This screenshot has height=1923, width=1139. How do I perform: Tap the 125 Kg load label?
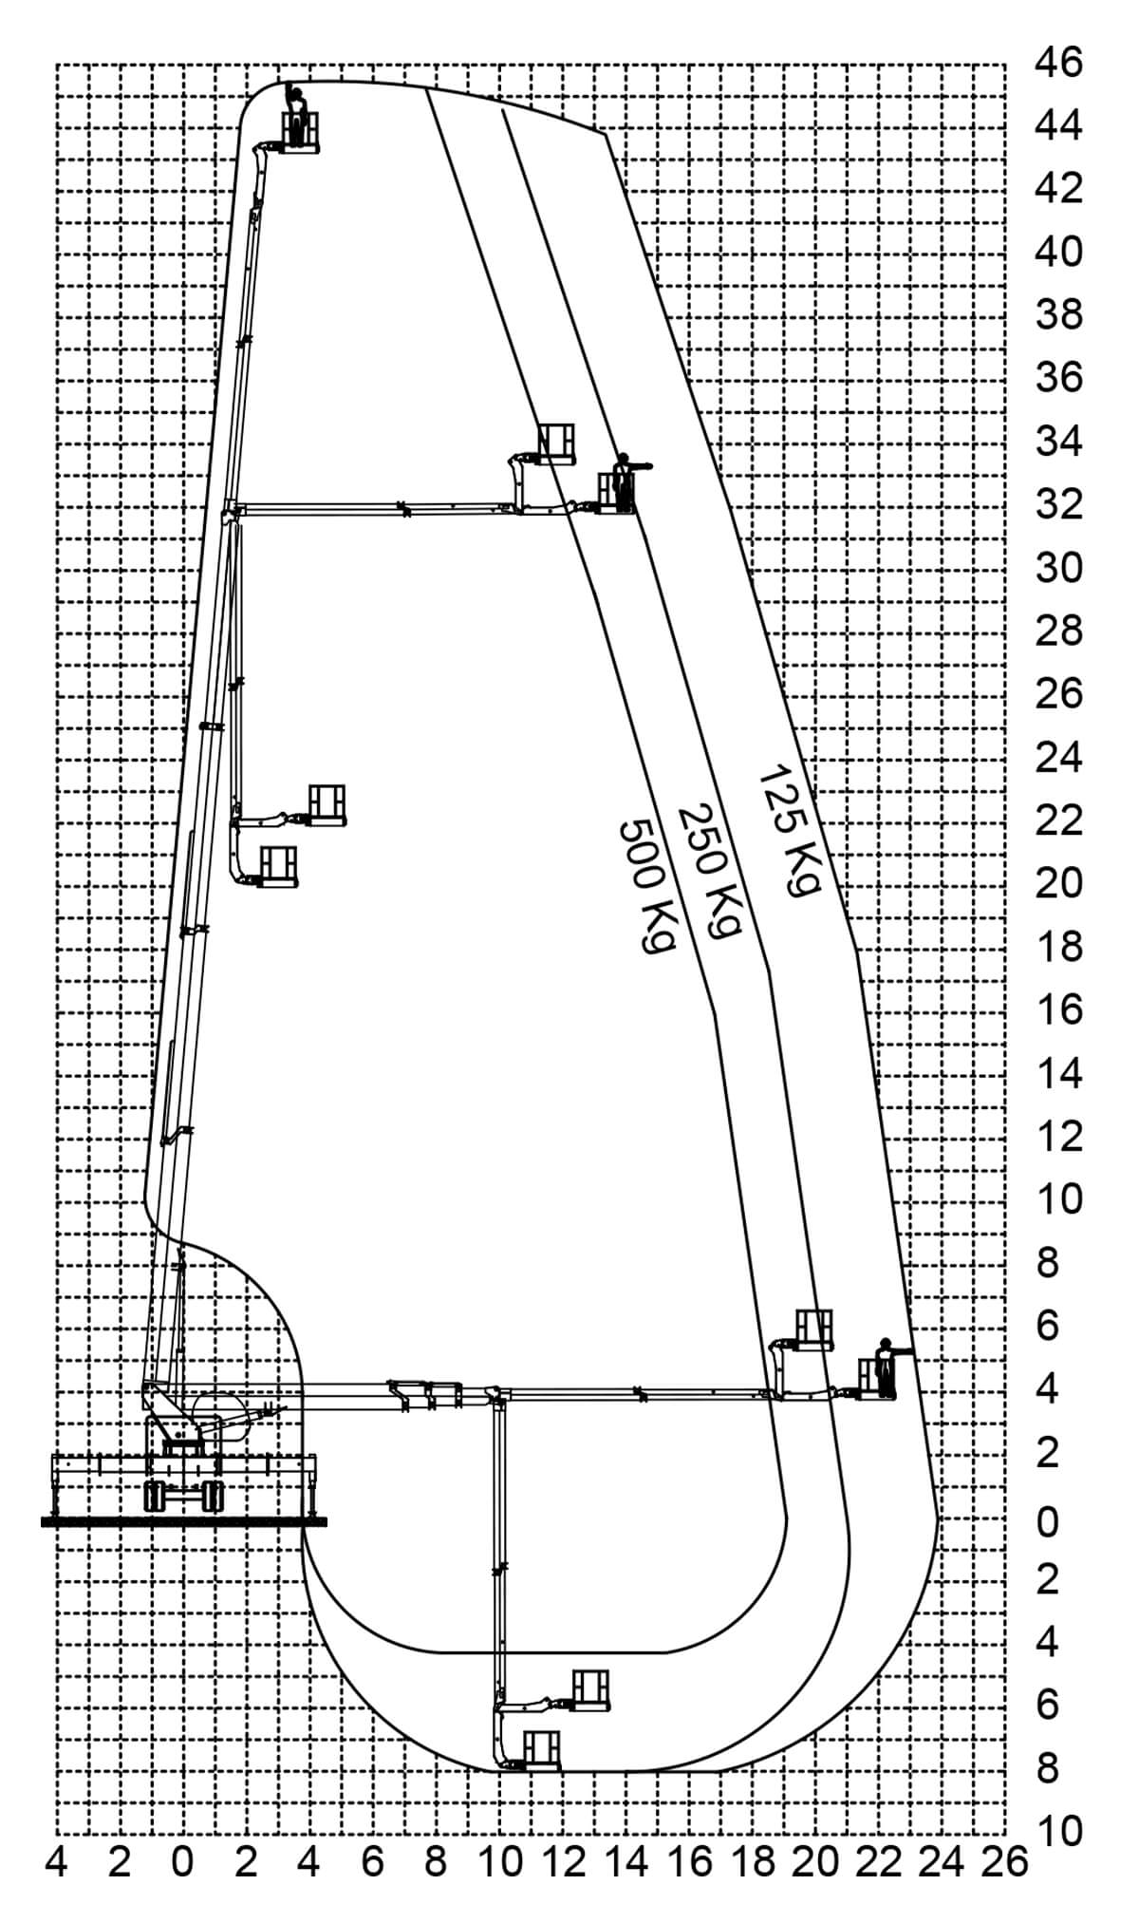pos(787,830)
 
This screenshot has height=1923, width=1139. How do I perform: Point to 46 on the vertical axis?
pos(1057,63)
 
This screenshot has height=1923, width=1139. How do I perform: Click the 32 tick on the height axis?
pos(1057,504)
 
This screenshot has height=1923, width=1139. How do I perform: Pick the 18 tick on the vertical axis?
pos(1057,947)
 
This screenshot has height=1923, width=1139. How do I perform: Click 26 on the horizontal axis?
pos(1005,1863)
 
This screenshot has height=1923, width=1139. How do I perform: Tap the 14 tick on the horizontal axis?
pos(626,1863)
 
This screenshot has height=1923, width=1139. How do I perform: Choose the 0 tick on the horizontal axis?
pos(182,1863)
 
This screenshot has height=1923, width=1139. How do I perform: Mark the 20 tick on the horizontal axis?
pos(815,1863)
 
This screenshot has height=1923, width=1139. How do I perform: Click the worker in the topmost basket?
pos(296,112)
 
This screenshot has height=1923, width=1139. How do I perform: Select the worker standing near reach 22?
pos(886,1367)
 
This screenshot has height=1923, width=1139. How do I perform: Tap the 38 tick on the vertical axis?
pos(1057,314)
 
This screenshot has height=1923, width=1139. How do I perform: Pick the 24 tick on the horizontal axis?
pos(942,1863)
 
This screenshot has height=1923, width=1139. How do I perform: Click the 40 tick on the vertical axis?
pos(1057,252)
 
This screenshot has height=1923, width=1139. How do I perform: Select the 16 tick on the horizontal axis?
pos(688,1863)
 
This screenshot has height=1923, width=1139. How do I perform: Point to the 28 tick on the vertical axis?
pos(1057,631)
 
